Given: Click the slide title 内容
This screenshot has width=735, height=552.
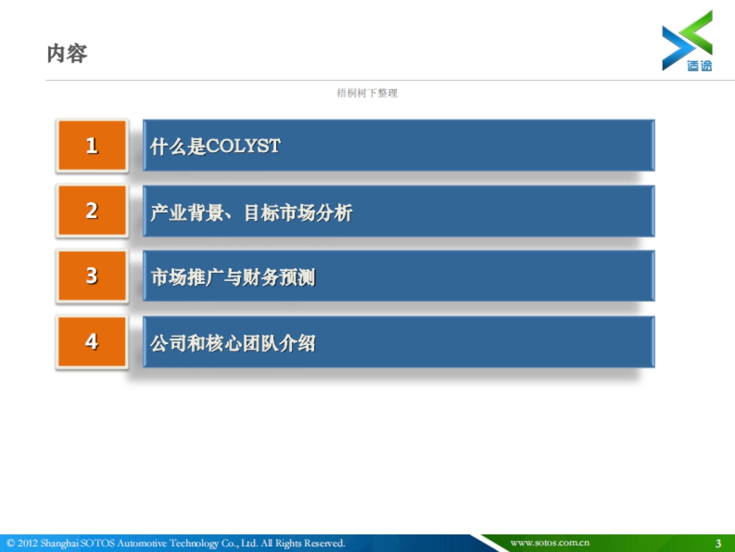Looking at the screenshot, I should [x=67, y=54].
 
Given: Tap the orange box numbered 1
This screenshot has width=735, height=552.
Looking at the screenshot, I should [x=92, y=145].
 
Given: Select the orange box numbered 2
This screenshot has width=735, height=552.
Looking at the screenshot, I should [x=92, y=211].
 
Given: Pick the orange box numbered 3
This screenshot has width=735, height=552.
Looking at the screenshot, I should [x=92, y=276].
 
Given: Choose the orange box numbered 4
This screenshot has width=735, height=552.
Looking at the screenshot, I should [x=92, y=342].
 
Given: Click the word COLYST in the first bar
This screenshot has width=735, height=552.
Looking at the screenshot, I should [x=243, y=146].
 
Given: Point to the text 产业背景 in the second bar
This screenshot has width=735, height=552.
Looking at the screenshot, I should [x=186, y=213].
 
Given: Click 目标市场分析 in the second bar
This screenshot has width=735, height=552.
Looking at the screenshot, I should [x=298, y=213].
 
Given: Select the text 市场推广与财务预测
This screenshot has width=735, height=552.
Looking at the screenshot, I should [x=233, y=278].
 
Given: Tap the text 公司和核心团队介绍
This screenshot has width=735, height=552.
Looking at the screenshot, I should [x=233, y=343].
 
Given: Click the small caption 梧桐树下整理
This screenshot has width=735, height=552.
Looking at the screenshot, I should [x=367, y=93].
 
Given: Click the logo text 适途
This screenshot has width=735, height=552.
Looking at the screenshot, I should [x=699, y=65].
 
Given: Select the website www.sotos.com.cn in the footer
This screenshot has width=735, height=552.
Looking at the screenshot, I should [x=549, y=543].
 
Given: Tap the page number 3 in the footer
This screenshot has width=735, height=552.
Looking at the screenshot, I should [x=718, y=543].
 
